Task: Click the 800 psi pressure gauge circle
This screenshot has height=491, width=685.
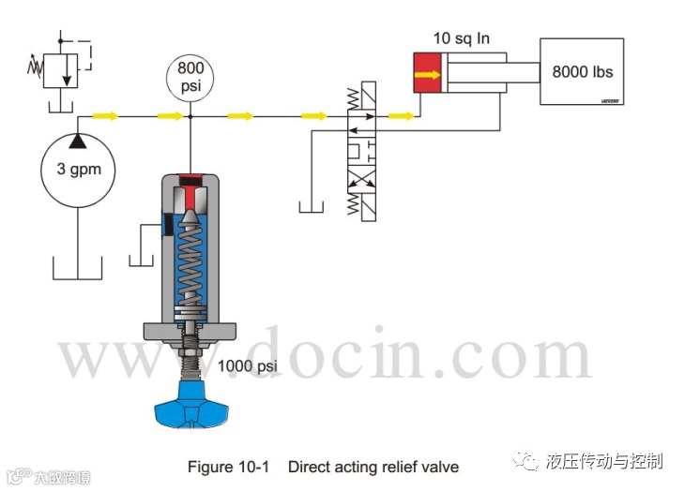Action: [x=190, y=77]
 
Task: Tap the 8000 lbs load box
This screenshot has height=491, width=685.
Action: [x=582, y=72]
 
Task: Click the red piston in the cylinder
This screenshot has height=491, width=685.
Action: [x=429, y=73]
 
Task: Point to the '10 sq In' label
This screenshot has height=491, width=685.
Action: [x=462, y=38]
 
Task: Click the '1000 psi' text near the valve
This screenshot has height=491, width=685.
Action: [x=250, y=365]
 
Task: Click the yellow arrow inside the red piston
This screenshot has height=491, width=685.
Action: [x=428, y=73]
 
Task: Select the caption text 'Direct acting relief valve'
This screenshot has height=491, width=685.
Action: [x=373, y=466]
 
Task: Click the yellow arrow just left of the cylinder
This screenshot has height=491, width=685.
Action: [x=401, y=116]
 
